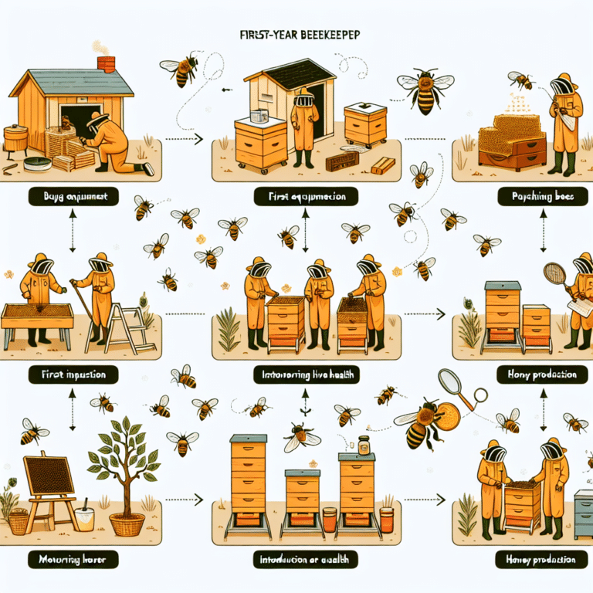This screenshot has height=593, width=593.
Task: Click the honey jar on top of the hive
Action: pos(361,446)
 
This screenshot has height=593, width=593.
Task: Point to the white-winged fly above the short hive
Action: pos(300,438)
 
